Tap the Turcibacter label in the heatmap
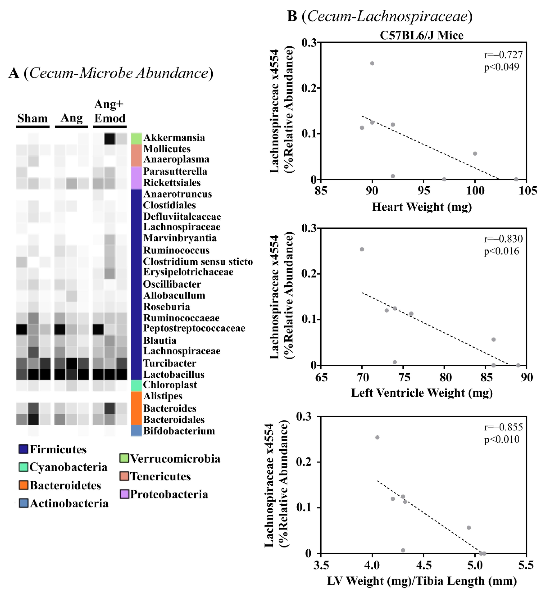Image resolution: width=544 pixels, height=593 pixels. tap(169, 363)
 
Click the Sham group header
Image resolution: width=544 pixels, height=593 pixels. tap(32, 118)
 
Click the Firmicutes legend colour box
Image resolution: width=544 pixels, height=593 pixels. tap(23, 449)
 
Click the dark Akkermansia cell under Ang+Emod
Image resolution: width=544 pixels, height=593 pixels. tap(109, 139)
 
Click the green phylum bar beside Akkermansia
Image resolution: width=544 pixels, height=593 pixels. tap(136, 139)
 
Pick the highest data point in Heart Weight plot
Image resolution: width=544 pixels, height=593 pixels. tap(372, 63)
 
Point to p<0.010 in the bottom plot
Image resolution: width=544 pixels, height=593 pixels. tap(502, 439)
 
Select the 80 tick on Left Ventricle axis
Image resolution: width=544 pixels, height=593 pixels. tap(445, 377)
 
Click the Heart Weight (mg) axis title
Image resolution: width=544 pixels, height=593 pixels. tap(422, 207)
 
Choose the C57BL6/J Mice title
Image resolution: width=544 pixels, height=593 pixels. tap(422, 35)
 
